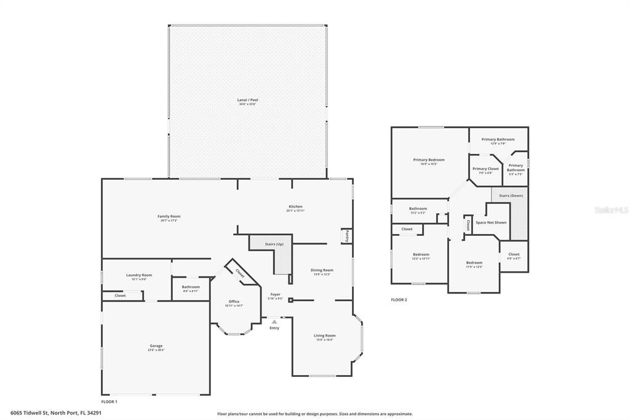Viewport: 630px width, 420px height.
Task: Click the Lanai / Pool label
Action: (x=247, y=100)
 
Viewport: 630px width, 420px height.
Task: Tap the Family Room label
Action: (x=169, y=217)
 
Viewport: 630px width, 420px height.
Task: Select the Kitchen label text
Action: (x=295, y=207)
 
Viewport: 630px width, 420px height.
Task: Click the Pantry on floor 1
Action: (x=347, y=236)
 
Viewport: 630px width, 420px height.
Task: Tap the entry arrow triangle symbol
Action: (x=274, y=321)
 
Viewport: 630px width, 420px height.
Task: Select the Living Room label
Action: (x=325, y=336)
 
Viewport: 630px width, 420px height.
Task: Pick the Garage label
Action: (x=156, y=346)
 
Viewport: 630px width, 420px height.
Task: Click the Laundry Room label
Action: (x=138, y=275)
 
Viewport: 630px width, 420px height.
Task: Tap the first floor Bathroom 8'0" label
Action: (x=191, y=287)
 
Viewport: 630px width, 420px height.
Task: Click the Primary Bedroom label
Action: (x=428, y=160)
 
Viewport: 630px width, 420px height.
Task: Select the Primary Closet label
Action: (x=485, y=169)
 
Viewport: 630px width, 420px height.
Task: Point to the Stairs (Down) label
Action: (x=511, y=196)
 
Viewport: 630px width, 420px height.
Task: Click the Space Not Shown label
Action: (x=491, y=222)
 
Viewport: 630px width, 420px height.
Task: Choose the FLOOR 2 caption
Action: (x=399, y=300)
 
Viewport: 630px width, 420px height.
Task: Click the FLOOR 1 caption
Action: (x=109, y=402)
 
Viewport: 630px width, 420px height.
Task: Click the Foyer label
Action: (x=276, y=294)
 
